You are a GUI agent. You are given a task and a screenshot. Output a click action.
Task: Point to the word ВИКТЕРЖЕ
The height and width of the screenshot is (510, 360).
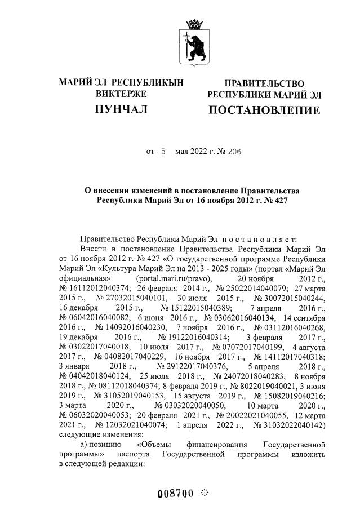pyautogui.click(x=121, y=94)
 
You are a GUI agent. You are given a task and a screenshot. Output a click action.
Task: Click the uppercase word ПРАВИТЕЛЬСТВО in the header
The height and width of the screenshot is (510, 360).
pyautogui.click(x=264, y=83)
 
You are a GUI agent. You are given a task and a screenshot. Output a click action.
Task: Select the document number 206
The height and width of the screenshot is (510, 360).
pyautogui.click(x=234, y=152)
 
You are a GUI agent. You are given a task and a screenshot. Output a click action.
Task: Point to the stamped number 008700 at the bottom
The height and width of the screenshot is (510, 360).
pyautogui.click(x=175, y=494)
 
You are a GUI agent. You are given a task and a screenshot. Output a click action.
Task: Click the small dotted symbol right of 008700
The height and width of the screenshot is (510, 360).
pyautogui.click(x=205, y=493)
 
